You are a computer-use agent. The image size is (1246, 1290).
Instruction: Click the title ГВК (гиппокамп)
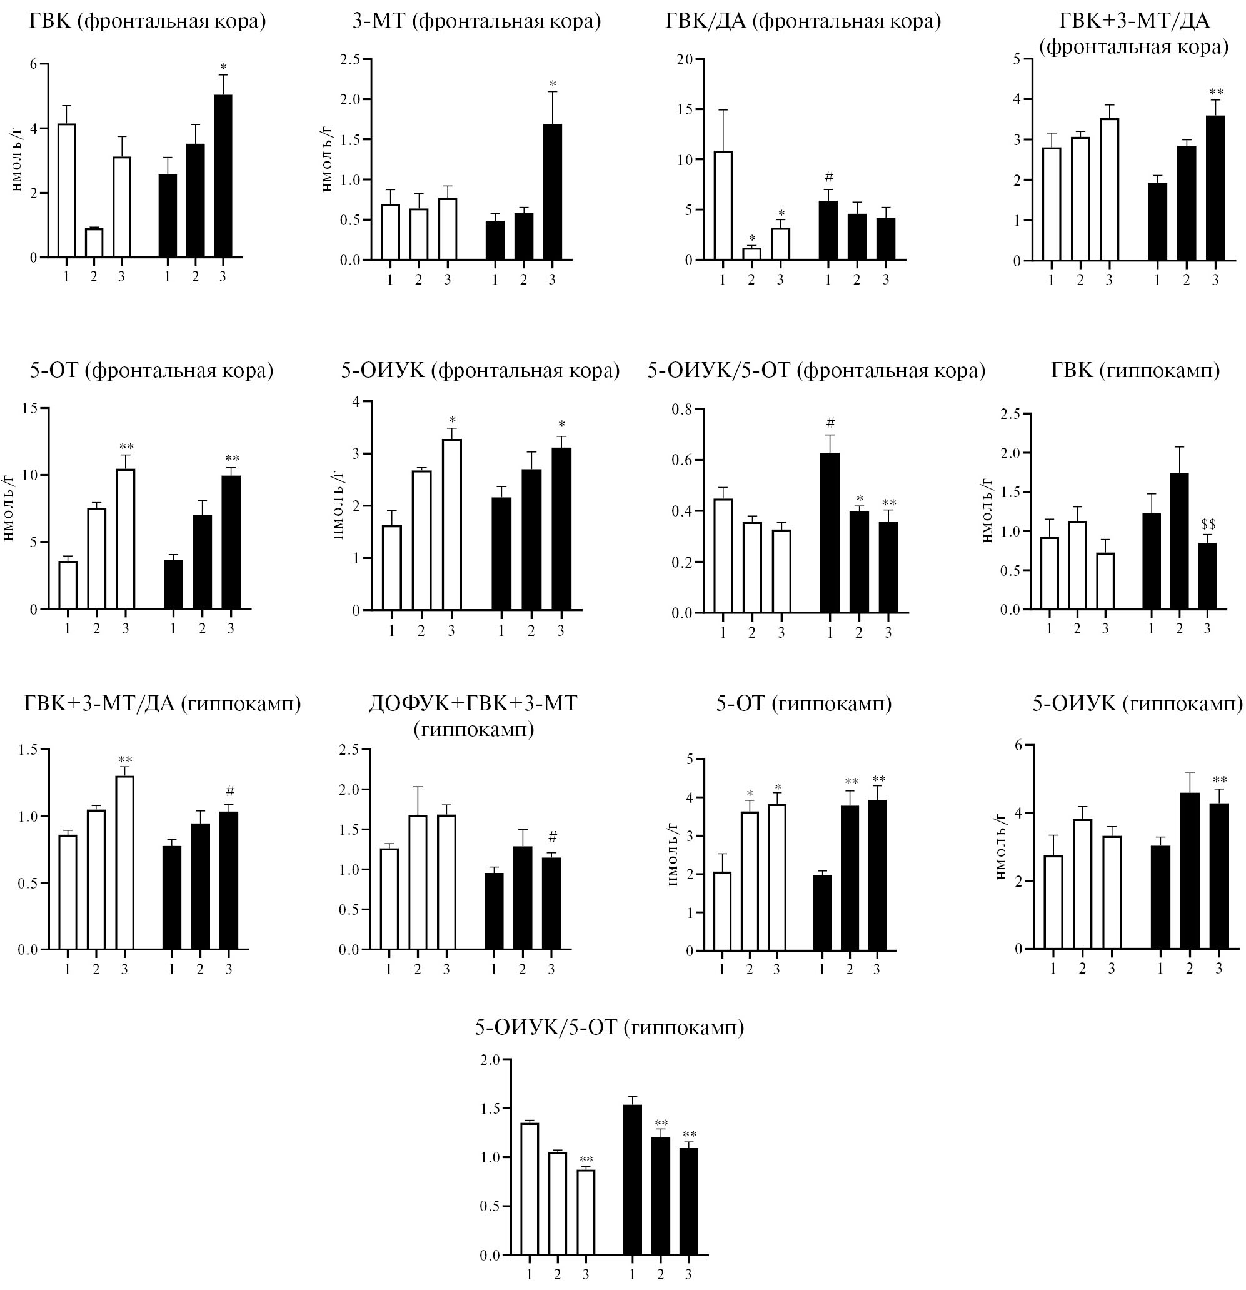(x=1135, y=371)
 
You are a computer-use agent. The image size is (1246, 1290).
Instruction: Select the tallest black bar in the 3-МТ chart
(x=552, y=191)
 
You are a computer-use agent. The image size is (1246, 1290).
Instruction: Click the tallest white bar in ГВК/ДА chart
(x=723, y=205)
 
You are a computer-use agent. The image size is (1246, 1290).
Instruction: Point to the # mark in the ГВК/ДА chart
(x=829, y=177)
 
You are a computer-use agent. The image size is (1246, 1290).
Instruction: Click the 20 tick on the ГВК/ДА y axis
(x=686, y=59)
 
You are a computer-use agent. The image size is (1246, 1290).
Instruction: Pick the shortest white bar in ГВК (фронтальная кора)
(x=94, y=243)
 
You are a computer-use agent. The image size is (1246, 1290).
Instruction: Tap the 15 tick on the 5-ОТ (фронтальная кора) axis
(x=29, y=408)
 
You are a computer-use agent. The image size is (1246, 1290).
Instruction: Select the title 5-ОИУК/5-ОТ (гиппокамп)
(x=610, y=1027)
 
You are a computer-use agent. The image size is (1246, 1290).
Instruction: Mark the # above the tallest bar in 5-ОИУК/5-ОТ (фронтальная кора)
(x=830, y=422)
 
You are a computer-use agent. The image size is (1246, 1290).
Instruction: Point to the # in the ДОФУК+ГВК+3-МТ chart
(x=552, y=837)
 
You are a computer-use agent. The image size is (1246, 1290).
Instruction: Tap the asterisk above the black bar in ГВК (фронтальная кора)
(x=223, y=67)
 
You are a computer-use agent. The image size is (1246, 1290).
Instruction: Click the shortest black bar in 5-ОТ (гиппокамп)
(x=823, y=912)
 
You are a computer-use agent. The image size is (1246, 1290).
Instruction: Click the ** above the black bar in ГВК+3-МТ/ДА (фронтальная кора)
(x=1217, y=92)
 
